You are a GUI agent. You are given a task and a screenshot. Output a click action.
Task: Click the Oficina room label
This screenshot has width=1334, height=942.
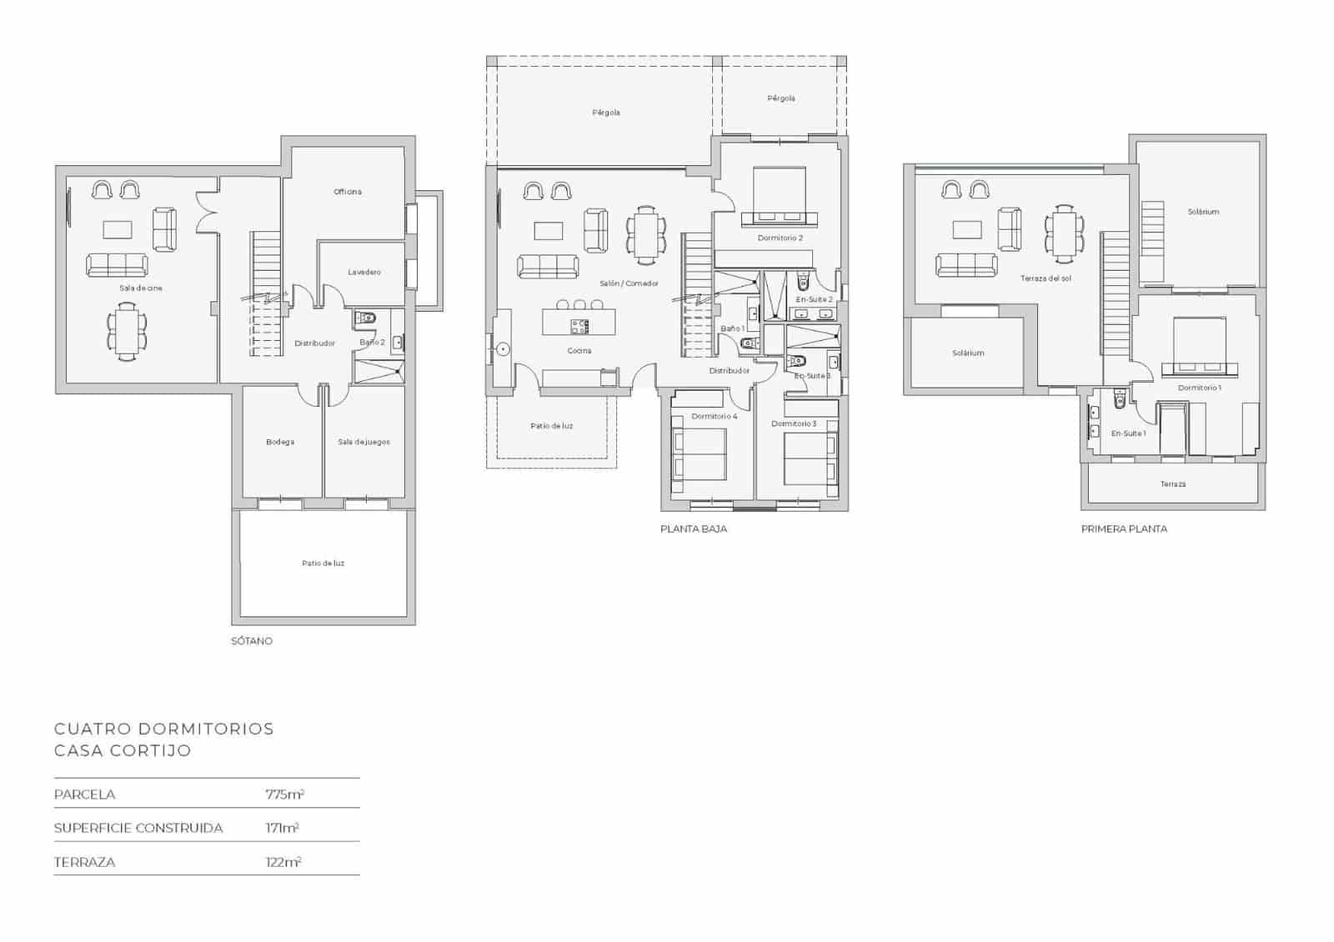[348, 192]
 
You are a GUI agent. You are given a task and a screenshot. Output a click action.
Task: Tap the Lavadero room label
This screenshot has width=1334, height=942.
[364, 273]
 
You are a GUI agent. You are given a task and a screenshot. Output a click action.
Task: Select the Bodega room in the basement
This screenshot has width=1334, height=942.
[280, 442]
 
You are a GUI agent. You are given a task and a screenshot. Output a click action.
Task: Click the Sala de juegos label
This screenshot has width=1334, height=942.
[364, 442]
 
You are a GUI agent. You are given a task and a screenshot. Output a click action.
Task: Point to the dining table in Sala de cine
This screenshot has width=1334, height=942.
[126, 332]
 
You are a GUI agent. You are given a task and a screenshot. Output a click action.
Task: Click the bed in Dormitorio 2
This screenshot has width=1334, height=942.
[780, 196]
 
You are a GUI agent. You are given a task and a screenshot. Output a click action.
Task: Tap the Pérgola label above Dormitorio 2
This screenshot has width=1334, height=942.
[780, 98]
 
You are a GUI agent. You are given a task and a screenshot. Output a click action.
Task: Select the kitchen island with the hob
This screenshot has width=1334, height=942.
[579, 322]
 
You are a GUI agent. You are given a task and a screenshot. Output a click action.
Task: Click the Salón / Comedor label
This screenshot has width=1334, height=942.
[629, 283]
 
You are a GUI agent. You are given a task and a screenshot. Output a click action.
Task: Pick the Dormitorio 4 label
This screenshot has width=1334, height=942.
[715, 416]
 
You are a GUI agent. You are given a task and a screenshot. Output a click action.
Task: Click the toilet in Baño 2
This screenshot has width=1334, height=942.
[367, 318]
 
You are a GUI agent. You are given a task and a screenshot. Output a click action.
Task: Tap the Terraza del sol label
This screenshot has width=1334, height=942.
[1045, 278]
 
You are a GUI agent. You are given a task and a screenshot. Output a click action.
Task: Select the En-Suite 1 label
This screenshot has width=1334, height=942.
[1128, 433]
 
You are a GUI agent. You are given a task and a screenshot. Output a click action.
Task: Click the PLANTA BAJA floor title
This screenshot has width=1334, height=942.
[694, 529]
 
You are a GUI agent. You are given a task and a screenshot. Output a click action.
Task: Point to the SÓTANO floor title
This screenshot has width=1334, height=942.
[252, 641]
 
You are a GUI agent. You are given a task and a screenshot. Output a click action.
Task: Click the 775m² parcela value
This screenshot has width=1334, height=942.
[284, 794]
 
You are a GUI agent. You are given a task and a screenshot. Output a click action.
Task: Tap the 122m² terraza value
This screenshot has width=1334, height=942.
[283, 862]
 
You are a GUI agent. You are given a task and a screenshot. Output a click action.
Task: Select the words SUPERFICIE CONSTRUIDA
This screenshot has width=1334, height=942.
[138, 828]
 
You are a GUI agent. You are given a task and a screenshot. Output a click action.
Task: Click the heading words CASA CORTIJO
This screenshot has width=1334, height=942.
[123, 750]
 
